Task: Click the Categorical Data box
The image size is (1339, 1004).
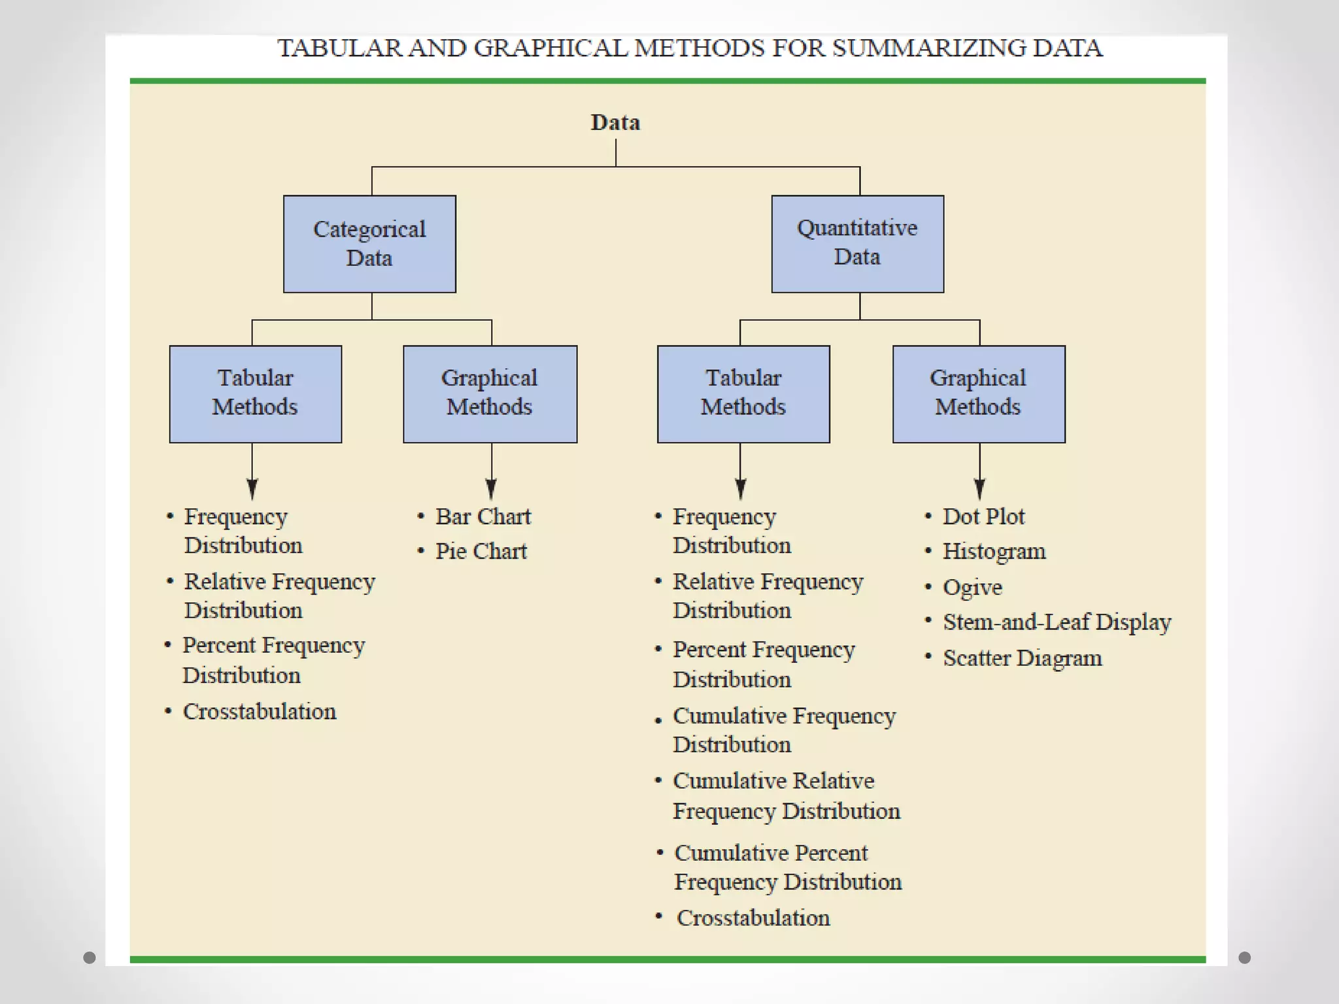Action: click(369, 244)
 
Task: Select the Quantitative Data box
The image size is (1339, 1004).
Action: click(857, 243)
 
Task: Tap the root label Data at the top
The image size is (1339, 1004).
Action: click(615, 123)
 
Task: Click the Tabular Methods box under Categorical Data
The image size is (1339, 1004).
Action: click(255, 393)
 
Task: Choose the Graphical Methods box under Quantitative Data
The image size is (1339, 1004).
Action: click(978, 393)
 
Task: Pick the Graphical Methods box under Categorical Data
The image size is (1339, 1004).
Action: click(490, 393)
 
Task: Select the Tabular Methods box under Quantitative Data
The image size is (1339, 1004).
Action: click(743, 393)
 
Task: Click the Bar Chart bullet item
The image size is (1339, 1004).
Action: click(483, 517)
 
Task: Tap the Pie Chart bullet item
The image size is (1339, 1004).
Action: click(481, 552)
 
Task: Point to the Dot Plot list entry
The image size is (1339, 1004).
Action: click(983, 517)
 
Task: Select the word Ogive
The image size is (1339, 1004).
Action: click(972, 588)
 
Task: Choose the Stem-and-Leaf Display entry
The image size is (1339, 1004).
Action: click(1057, 622)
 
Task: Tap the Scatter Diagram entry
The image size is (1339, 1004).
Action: click(1022, 658)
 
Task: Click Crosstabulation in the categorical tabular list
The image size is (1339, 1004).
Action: click(260, 712)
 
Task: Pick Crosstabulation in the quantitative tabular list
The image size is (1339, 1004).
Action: click(753, 918)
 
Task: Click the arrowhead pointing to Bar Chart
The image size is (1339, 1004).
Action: click(492, 489)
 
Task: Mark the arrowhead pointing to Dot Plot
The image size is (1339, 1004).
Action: click(979, 489)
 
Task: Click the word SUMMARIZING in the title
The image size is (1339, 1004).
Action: click(929, 48)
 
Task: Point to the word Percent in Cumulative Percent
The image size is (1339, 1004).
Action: click(831, 853)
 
